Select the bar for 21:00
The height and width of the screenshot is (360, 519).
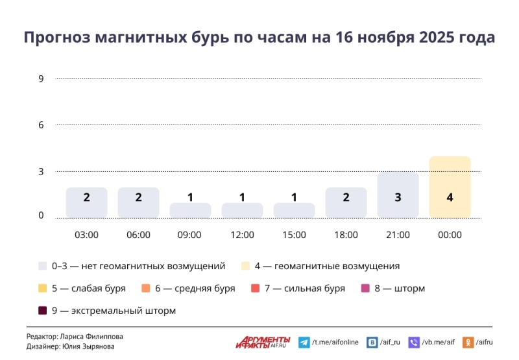[398, 195]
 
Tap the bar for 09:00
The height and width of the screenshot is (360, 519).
[190, 210]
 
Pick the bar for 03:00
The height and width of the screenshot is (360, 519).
[86, 202]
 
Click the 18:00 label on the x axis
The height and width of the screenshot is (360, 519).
[346, 235]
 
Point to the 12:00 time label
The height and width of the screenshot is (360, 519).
[242, 235]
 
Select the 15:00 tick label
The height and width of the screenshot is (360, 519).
[294, 235]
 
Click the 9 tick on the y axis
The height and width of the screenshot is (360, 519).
[41, 79]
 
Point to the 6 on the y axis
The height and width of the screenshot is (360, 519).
[41, 125]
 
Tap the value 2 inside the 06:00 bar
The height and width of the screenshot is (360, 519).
[138, 197]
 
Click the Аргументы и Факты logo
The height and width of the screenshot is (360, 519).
[263, 341]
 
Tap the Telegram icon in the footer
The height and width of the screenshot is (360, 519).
[304, 342]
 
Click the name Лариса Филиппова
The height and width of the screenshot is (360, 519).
[90, 337]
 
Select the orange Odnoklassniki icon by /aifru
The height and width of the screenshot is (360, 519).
[469, 342]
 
